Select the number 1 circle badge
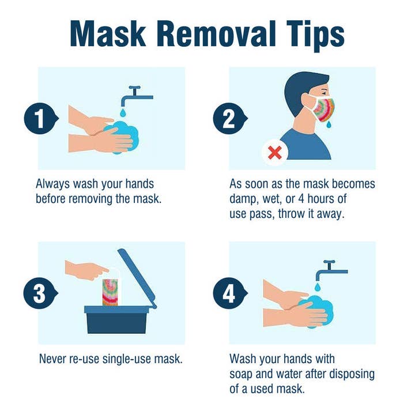coord(38,120)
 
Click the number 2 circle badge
coord(228,120)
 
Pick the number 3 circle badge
coord(38,294)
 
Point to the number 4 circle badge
coord(229,294)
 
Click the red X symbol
coord(275,153)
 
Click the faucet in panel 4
coord(331,267)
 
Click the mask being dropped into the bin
coord(111,290)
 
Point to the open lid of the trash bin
coord(138,276)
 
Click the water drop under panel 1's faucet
coord(122,110)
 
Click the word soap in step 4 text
coord(242,373)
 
